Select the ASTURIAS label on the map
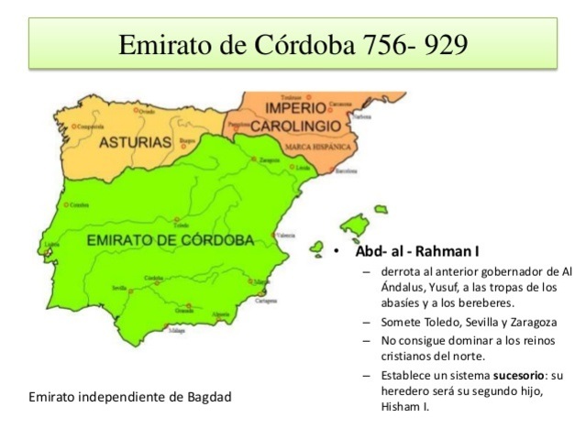(135, 143)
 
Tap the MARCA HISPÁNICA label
(317, 147)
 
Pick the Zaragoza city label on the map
(270, 159)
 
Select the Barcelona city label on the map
(347, 170)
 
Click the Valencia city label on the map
(287, 236)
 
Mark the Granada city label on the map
(184, 311)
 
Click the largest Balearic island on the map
(354, 224)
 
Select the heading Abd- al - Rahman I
(416, 251)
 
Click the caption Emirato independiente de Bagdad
(129, 397)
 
